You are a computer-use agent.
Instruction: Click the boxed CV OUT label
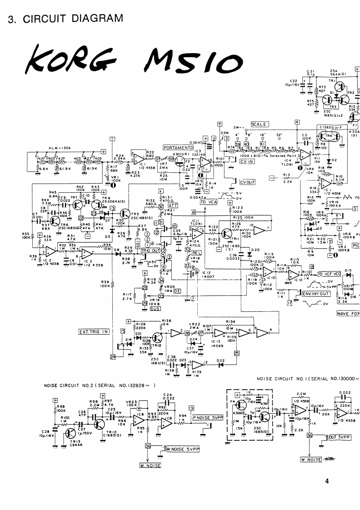(x=248, y=182)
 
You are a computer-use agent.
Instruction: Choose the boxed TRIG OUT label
(x=150, y=250)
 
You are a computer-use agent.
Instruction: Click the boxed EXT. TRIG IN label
(x=94, y=332)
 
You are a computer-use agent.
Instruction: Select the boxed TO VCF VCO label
(x=329, y=274)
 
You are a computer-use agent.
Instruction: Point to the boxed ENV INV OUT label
(x=316, y=294)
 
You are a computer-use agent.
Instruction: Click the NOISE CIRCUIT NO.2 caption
(x=100, y=385)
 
